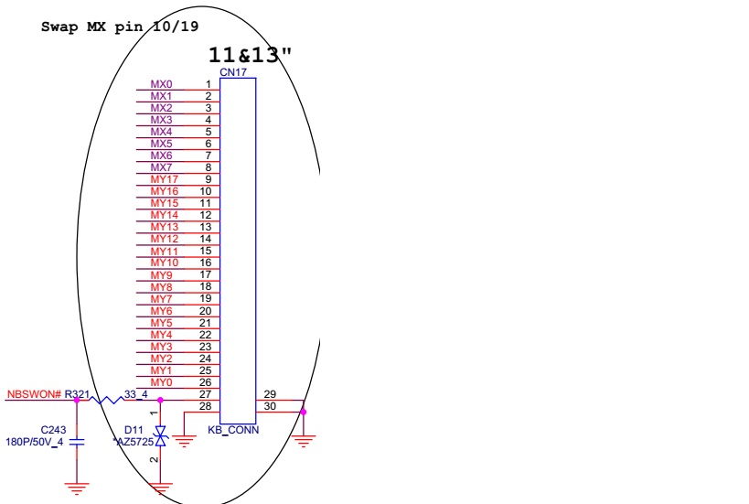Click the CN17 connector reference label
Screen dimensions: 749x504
click(x=233, y=72)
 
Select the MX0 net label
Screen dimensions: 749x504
click(x=162, y=84)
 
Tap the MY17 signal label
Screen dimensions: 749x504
click(x=165, y=179)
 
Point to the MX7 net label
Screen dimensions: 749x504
click(x=162, y=167)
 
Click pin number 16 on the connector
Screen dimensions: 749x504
click(x=206, y=263)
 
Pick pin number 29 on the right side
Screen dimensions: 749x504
click(x=270, y=394)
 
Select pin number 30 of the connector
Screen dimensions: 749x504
click(x=270, y=406)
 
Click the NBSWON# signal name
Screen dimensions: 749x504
click(x=35, y=394)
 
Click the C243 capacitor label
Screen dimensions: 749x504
click(x=53, y=430)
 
